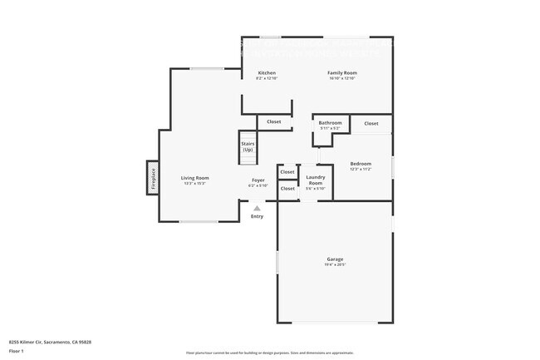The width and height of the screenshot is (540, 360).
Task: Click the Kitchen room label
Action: (x=267, y=73)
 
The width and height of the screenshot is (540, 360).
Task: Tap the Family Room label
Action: (x=341, y=73)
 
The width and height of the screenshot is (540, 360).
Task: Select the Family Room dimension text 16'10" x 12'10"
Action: (x=341, y=79)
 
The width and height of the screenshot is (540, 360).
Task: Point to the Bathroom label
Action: (x=330, y=123)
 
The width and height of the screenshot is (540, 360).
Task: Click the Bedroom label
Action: (x=361, y=164)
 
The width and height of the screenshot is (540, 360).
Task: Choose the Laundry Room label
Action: (x=315, y=179)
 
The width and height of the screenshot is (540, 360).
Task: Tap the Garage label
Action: (x=335, y=259)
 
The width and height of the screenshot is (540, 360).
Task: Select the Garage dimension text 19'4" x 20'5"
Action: (x=335, y=265)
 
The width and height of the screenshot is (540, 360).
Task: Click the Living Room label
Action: (x=195, y=178)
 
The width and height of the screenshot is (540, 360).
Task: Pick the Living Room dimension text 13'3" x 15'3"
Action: (x=195, y=184)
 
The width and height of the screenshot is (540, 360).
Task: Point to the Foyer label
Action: (x=258, y=180)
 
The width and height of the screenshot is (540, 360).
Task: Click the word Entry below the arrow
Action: (x=257, y=217)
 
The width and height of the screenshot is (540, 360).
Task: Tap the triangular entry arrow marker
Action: (x=257, y=208)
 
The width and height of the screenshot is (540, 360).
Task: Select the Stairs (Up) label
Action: (x=248, y=146)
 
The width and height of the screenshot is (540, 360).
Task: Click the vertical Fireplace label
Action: (x=153, y=180)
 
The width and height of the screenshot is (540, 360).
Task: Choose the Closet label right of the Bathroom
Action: (x=371, y=123)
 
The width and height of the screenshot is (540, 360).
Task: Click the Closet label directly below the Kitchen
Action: (x=273, y=122)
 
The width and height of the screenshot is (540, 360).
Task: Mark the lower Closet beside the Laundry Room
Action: (x=287, y=189)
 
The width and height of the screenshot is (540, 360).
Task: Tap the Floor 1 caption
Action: (x=16, y=351)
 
